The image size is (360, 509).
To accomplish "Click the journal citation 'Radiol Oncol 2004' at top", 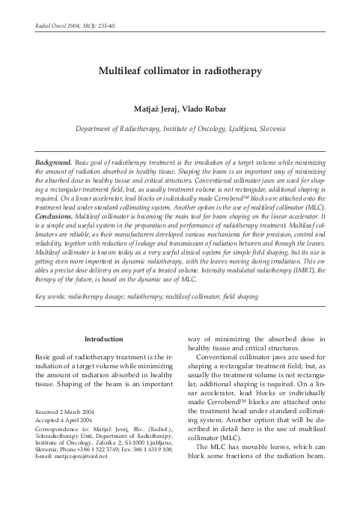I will (54, 25).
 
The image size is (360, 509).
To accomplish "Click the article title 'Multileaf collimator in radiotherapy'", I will (180, 73).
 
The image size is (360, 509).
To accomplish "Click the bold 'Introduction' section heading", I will (105, 339).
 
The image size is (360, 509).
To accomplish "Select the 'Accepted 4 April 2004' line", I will (67, 421).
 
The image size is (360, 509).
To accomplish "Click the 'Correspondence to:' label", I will (62, 429).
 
